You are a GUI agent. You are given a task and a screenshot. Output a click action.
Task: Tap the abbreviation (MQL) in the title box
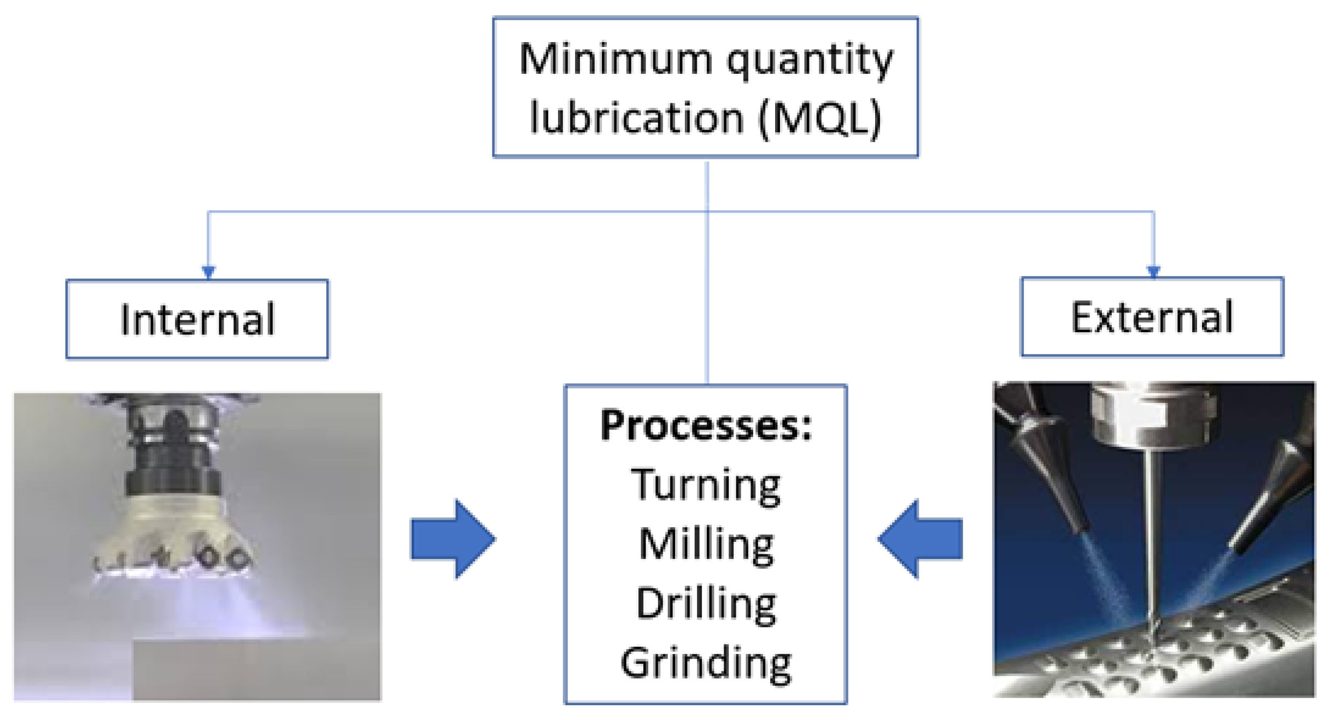(x=820, y=117)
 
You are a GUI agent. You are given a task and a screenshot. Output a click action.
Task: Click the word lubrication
(x=636, y=117)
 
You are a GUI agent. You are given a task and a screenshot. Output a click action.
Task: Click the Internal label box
(x=197, y=320)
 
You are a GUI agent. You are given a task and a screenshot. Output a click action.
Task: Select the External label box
(x=1152, y=317)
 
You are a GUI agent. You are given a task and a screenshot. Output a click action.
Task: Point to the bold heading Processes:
(x=706, y=425)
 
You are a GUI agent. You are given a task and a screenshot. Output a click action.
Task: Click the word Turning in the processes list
(x=706, y=485)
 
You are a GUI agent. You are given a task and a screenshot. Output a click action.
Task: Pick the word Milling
(x=706, y=545)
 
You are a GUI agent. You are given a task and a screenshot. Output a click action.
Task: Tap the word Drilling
(x=706, y=604)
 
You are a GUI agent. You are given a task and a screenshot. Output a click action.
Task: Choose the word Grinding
(x=706, y=664)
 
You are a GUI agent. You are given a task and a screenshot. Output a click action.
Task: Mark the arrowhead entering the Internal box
(x=208, y=272)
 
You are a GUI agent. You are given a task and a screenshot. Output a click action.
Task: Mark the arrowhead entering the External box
(x=1153, y=272)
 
